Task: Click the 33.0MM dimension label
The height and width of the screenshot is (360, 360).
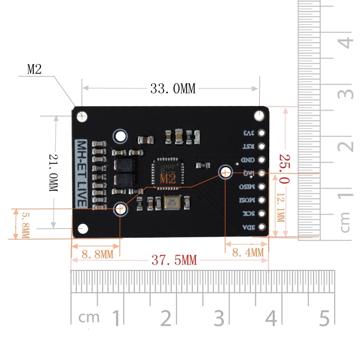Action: (x=173, y=89)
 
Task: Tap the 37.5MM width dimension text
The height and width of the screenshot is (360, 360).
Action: (x=174, y=260)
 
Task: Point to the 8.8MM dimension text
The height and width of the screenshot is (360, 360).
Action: (x=97, y=254)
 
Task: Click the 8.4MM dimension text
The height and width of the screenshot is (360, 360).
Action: (x=248, y=252)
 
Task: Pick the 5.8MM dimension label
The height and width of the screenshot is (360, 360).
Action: (x=26, y=225)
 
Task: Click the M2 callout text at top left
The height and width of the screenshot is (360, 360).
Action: (x=34, y=69)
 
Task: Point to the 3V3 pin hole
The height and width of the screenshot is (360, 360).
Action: (x=261, y=133)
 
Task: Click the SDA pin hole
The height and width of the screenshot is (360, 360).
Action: (x=261, y=227)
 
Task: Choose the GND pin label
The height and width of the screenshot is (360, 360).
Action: (x=249, y=160)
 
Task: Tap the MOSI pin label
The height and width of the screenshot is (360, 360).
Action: (x=248, y=200)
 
